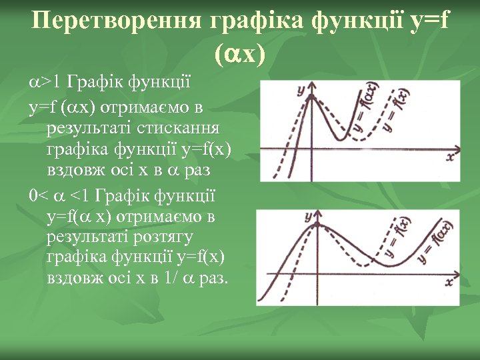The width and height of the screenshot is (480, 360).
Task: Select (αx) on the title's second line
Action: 240,55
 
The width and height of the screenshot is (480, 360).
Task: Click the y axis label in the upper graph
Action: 302,89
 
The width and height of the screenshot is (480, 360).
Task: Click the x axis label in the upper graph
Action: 451,156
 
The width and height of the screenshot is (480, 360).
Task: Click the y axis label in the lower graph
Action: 309,217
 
